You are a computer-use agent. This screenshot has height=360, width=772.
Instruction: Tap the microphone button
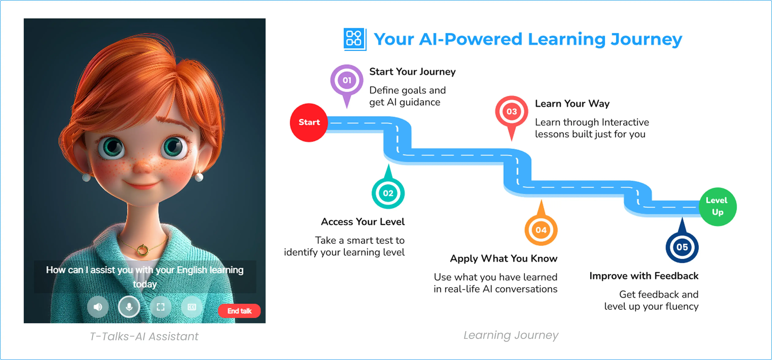129,307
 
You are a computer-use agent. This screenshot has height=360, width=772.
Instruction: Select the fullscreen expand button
161,307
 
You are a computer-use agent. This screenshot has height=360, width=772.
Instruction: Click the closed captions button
192,307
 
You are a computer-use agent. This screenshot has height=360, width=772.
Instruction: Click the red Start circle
309,122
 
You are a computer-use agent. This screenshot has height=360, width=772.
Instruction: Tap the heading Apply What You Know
503,258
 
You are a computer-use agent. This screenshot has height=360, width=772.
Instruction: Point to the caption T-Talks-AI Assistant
144,336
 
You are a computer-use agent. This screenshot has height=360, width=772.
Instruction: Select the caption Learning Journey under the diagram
511,335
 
